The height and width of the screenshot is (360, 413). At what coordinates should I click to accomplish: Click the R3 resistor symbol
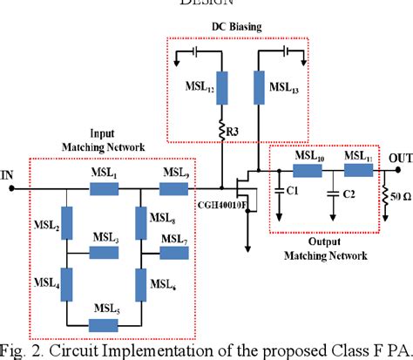click(223, 132)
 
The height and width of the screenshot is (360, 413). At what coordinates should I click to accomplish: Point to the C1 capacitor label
click(294, 190)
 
